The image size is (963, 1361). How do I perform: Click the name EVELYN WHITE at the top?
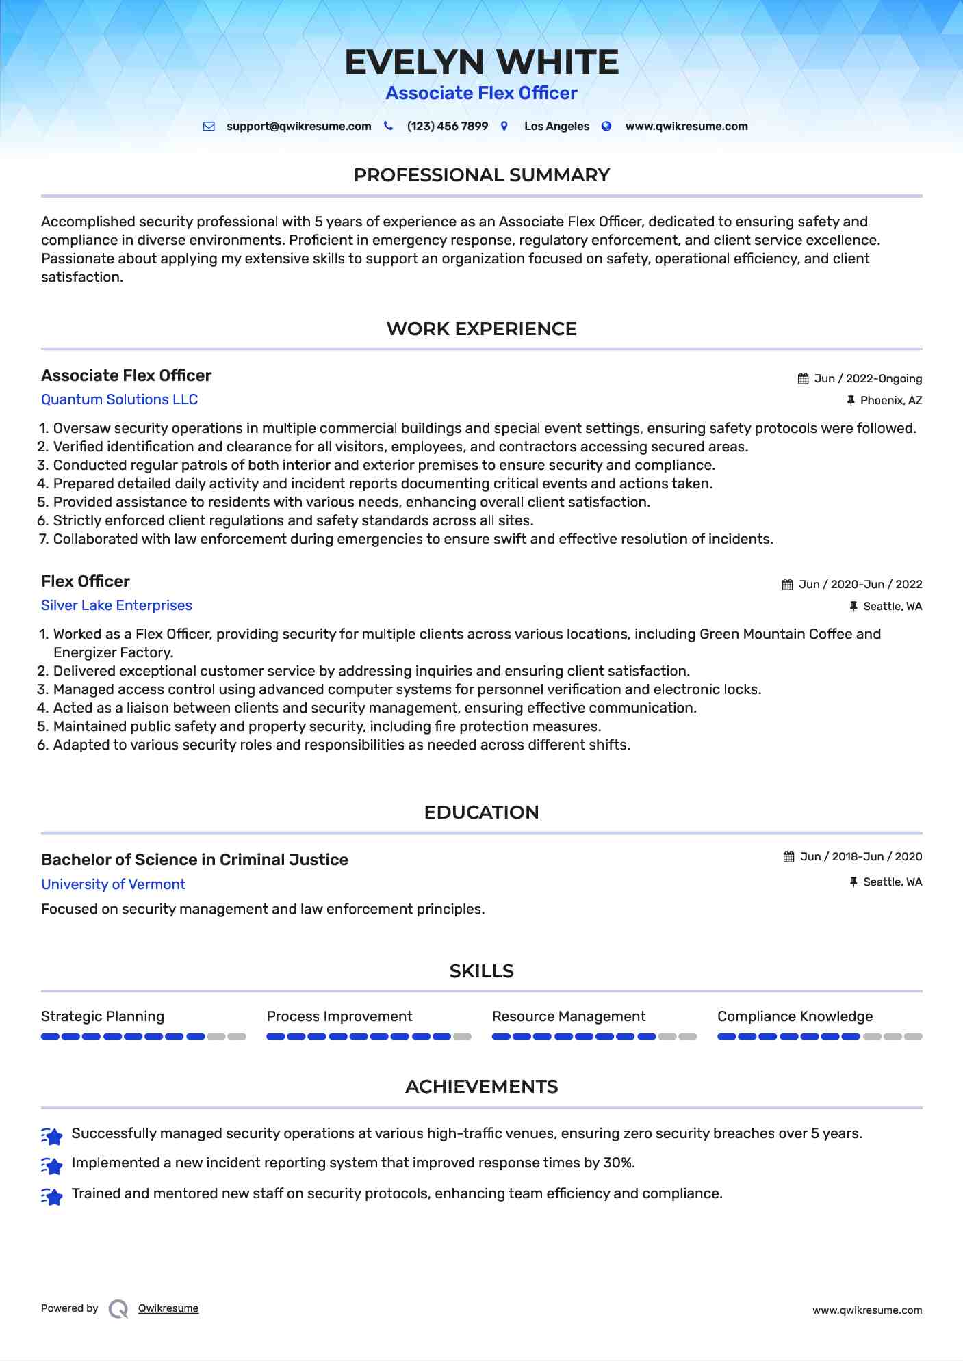[481, 62]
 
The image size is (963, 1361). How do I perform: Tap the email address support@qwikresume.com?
[298, 127]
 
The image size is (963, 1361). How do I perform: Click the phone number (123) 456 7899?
[447, 127]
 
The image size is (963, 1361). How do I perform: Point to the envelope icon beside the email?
[209, 127]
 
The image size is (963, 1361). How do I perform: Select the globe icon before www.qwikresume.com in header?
[606, 127]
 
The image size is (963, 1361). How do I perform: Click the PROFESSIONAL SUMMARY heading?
[481, 175]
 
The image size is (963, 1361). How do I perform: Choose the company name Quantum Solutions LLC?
[119, 399]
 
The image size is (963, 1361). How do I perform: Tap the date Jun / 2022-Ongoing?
[868, 379]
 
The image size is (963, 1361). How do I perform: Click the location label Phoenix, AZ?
[890, 401]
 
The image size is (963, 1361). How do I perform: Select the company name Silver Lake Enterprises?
[116, 605]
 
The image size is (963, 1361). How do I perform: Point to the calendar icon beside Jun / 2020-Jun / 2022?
[788, 585]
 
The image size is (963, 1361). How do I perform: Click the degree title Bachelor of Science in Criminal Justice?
[194, 860]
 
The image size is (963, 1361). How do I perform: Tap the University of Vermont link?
[113, 884]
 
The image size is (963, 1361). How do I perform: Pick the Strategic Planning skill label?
[103, 1016]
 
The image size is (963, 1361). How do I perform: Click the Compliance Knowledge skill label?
[795, 1016]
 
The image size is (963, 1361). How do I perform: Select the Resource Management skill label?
[568, 1016]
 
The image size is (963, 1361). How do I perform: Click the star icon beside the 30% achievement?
[52, 1165]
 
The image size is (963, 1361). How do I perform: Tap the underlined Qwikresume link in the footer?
[168, 1308]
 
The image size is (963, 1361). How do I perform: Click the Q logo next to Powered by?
[118, 1309]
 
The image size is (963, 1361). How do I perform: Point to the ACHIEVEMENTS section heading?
[481, 1087]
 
